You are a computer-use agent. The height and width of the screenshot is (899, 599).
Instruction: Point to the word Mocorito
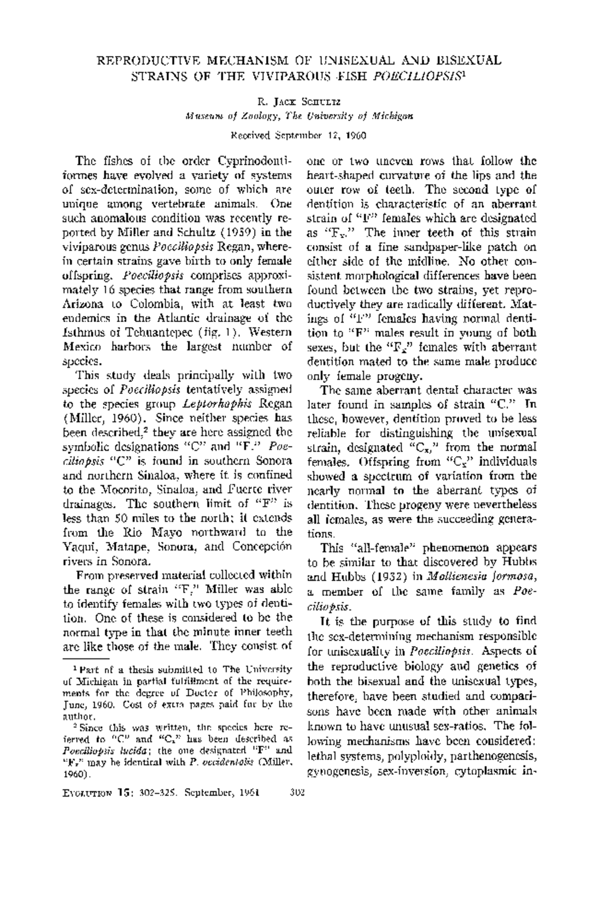[126, 488]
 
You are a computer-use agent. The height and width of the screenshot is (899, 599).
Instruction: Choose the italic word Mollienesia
[453, 577]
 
